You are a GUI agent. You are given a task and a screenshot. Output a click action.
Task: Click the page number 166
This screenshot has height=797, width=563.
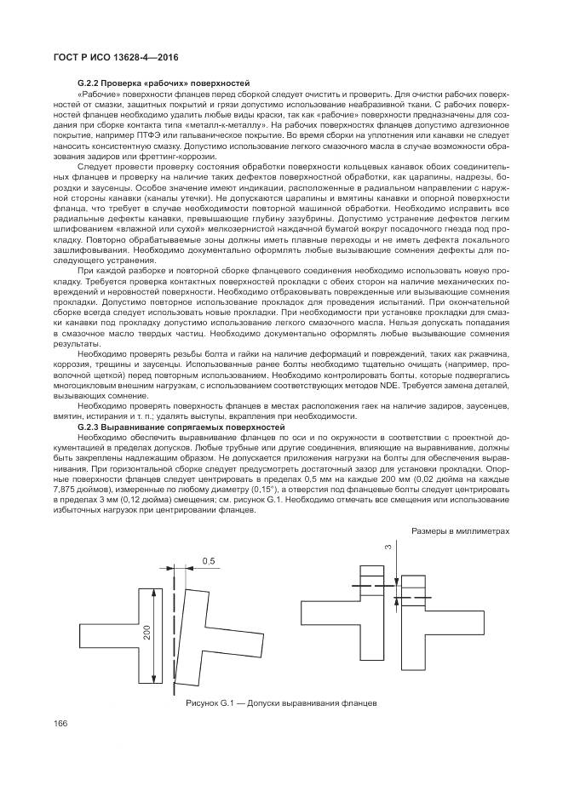click(x=61, y=724)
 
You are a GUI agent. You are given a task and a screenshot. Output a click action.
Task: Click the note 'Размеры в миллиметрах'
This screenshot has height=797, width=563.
click(x=461, y=531)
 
